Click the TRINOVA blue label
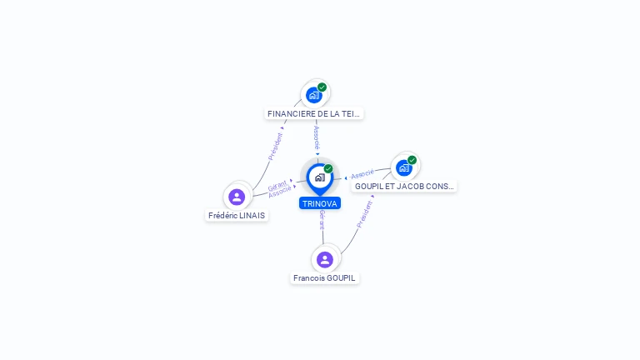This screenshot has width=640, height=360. [x=320, y=203]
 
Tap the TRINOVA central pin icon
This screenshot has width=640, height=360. [x=319, y=177]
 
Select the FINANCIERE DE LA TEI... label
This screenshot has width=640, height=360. [x=315, y=113]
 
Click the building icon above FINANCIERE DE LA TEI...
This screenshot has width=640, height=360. [x=313, y=95]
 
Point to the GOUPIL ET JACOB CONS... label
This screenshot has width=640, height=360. [x=404, y=187]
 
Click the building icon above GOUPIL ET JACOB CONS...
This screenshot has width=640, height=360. [x=404, y=167]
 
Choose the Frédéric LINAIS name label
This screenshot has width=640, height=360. [x=237, y=215]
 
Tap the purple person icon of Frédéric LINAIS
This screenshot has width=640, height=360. [x=237, y=197]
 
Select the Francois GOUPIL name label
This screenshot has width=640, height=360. [x=325, y=277]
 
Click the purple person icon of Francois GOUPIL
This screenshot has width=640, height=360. [x=325, y=259]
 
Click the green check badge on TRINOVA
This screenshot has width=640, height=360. [x=328, y=169]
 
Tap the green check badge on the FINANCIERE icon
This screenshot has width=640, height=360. [x=322, y=87]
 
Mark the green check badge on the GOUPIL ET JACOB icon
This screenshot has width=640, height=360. [x=412, y=160]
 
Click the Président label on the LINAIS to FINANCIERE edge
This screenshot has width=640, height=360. [x=275, y=146]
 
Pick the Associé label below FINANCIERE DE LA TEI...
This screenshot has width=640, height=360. [x=317, y=137]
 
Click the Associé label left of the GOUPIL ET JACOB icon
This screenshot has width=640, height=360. [x=362, y=174]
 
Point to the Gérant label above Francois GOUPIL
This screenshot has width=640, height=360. [x=322, y=219]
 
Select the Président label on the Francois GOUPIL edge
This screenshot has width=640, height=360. [x=364, y=214]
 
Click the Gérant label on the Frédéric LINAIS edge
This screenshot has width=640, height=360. [x=277, y=185]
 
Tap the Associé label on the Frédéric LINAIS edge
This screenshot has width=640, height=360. [x=280, y=192]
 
